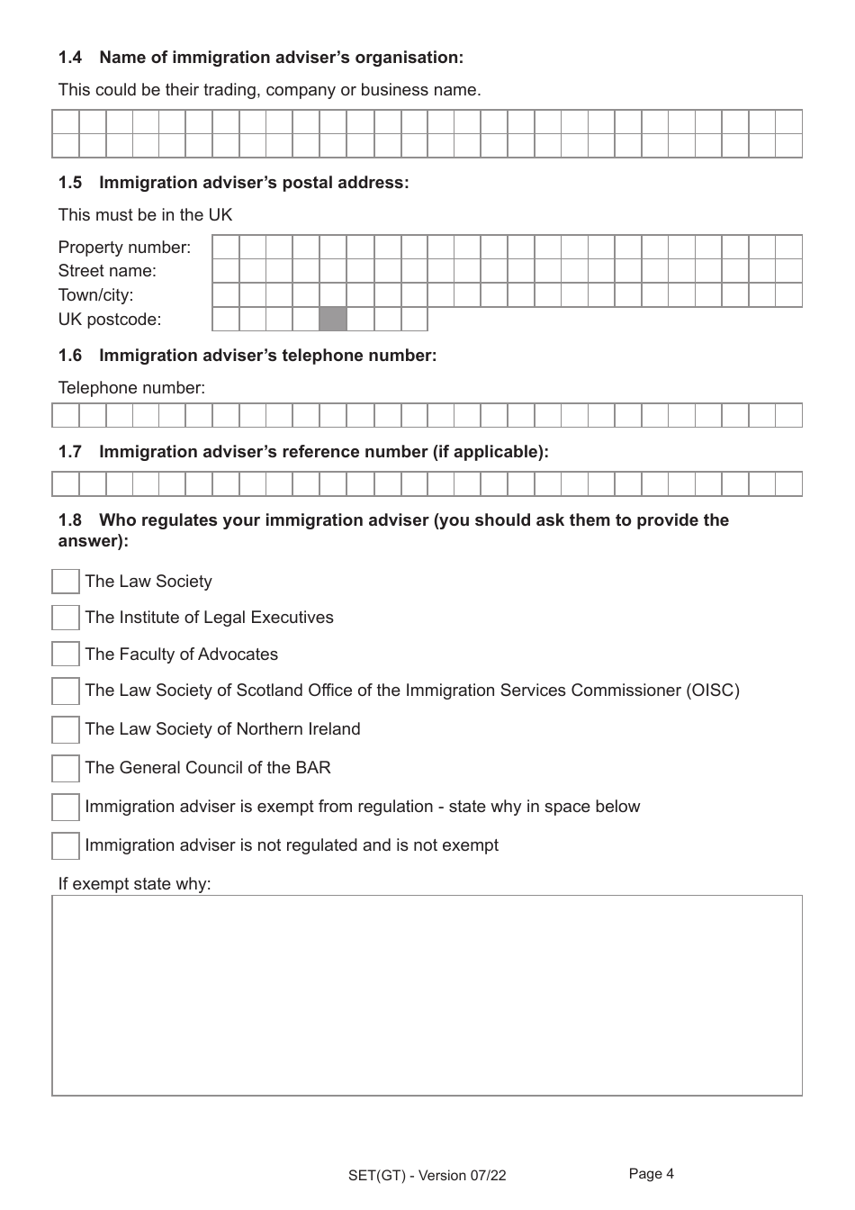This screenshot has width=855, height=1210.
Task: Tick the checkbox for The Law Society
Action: [66, 582]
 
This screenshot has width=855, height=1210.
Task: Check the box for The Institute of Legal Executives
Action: [66, 618]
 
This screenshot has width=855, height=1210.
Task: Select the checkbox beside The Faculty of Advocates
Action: [66, 655]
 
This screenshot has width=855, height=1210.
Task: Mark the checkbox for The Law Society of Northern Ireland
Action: [66, 729]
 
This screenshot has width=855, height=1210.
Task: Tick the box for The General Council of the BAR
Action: [66, 768]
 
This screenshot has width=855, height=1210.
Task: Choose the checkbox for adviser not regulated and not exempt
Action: [66, 845]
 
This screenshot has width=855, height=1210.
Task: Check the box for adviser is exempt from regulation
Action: [66, 807]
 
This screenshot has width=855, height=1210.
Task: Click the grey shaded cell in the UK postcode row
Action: [333, 320]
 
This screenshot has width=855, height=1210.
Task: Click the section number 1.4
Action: [70, 58]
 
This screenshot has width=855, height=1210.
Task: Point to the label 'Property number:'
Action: [124, 248]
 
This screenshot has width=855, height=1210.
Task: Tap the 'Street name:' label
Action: [107, 271]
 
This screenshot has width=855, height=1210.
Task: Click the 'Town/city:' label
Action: [95, 295]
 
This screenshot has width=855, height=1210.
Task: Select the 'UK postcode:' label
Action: [110, 320]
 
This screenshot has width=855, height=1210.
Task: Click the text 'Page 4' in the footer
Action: [651, 1174]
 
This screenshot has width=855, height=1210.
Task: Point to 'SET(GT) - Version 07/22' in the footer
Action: [427, 1176]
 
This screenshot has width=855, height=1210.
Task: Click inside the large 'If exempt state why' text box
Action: [427, 995]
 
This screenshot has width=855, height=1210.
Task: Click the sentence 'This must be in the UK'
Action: [146, 215]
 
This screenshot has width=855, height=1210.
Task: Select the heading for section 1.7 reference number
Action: [303, 452]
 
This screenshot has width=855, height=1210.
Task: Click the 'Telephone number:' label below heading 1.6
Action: [131, 388]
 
